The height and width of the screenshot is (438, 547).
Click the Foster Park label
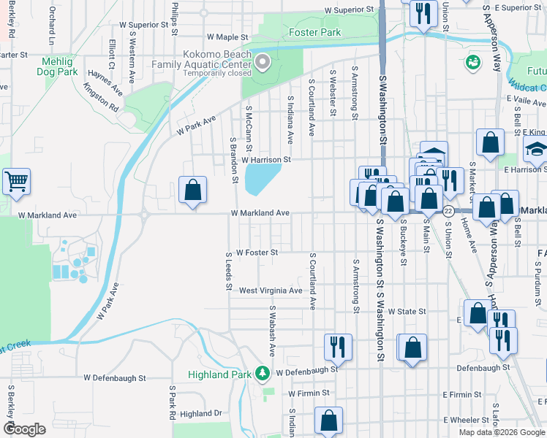314,33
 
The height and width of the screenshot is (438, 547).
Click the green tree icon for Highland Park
263,373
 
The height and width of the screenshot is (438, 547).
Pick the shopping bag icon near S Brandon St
192,191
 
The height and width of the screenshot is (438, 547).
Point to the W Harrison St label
266,159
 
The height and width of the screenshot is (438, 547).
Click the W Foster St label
257,253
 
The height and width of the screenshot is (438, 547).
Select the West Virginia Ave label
271,291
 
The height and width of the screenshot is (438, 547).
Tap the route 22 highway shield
448,211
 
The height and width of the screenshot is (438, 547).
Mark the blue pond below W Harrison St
263,178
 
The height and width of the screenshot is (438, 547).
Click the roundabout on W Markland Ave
145,215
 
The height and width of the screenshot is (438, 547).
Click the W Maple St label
227,36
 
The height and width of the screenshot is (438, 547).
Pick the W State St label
407,312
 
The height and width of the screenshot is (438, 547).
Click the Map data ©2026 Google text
500,432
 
